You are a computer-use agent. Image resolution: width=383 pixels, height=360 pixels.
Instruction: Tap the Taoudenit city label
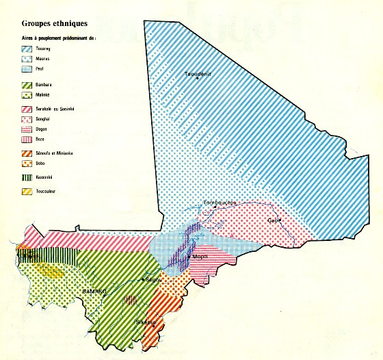197,73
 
